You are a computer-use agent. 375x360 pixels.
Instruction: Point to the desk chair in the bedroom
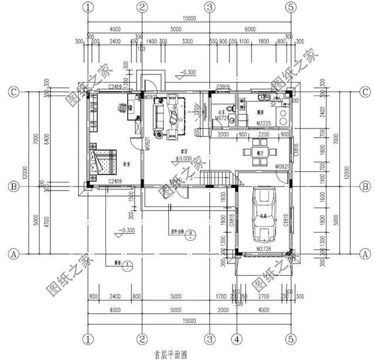(122, 107)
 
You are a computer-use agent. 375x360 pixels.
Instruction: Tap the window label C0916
(223, 87)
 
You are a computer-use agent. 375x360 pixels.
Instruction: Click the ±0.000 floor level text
(186, 158)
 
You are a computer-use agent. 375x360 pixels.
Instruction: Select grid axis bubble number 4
(236, 339)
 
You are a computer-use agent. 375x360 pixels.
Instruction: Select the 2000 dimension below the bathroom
(223, 135)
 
